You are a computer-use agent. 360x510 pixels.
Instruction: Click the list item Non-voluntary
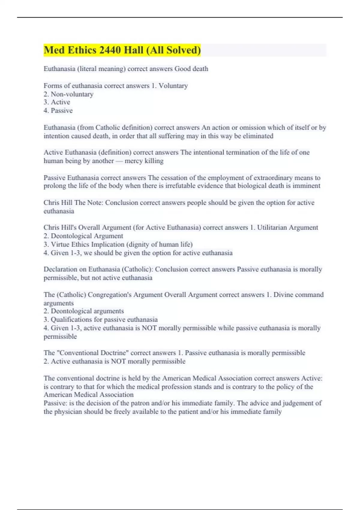coord(72,94)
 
